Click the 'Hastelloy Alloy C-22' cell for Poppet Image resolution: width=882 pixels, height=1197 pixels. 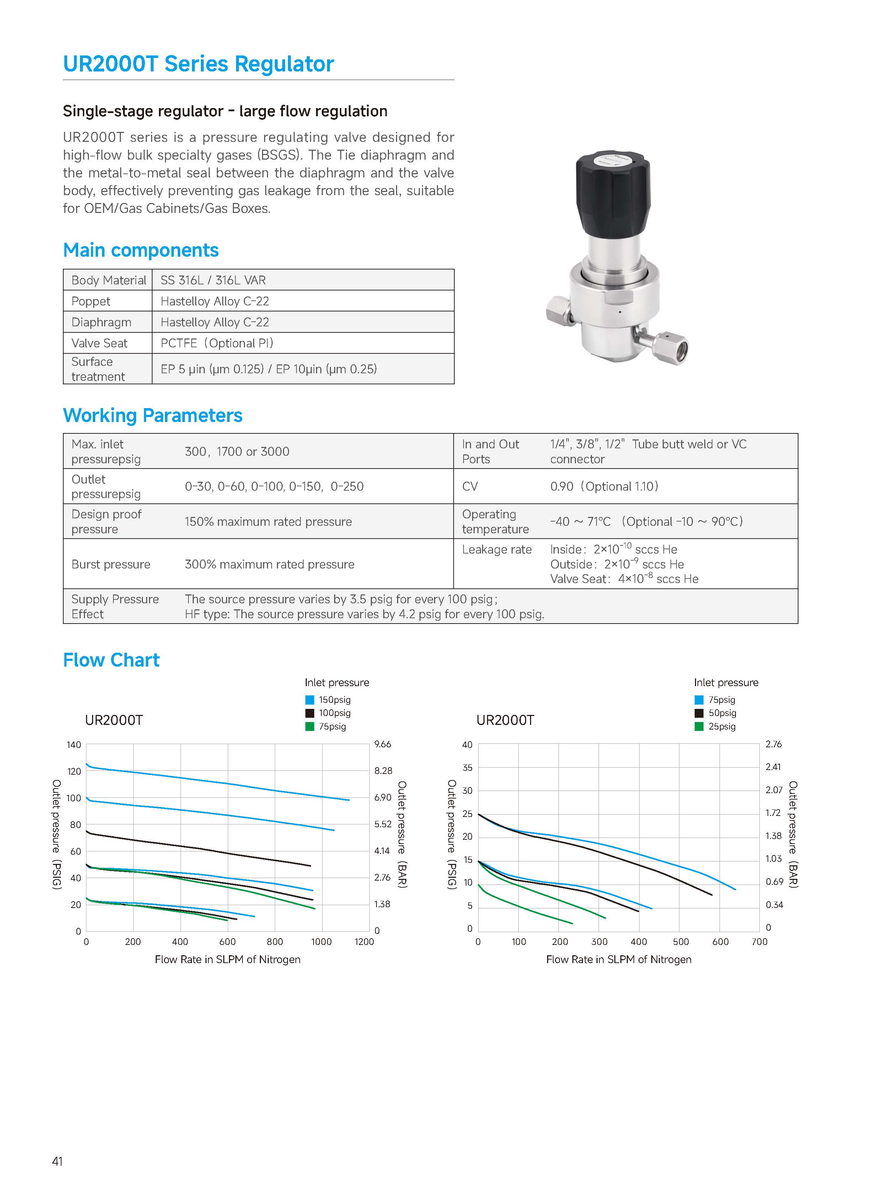coord(215,301)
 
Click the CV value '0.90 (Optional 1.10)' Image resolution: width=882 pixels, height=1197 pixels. coord(604,486)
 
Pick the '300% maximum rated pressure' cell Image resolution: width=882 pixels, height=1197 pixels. coord(269,564)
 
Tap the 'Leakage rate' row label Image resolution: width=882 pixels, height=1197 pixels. coord(497,549)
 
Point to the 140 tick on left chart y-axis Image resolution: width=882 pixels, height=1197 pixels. coord(74,745)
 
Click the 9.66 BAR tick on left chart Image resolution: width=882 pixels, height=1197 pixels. coord(383,744)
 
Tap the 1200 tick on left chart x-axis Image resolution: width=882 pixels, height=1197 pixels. coord(364,942)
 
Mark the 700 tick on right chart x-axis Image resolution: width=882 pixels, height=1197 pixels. coord(759,942)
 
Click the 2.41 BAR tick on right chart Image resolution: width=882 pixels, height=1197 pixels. coord(773,767)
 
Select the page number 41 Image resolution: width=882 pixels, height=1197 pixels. coord(57,1161)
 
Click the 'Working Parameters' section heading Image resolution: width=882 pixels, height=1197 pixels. coord(153,415)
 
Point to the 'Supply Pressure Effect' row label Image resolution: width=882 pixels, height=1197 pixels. coord(115,606)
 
